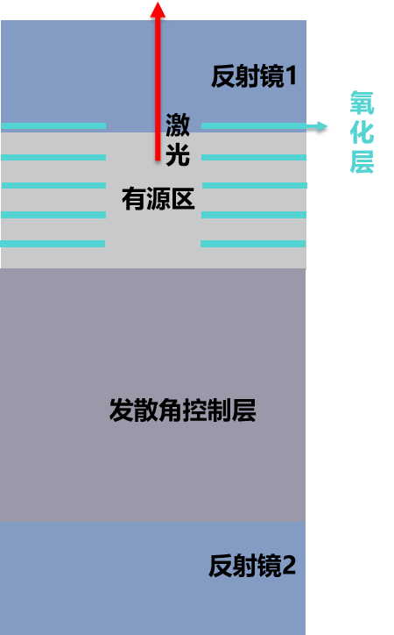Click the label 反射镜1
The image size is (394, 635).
[254, 75]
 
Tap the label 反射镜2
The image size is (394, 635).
[252, 566]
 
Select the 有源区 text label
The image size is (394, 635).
[158, 198]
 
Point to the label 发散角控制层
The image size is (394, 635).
[183, 410]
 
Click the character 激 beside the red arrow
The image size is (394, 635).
[178, 125]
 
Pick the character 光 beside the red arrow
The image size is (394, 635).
[178, 154]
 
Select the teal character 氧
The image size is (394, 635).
[362, 103]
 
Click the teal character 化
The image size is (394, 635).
[362, 132]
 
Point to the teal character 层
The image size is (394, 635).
[362, 161]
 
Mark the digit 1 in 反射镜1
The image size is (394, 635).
[291, 75]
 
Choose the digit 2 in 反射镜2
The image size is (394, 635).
[289, 566]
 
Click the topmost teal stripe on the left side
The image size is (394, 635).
[53, 126]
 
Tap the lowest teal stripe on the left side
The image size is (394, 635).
[53, 244]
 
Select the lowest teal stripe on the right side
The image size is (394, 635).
[253, 244]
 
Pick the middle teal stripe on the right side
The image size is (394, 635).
[255, 185]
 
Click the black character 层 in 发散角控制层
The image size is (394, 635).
[244, 410]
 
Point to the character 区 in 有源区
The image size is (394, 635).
[183, 198]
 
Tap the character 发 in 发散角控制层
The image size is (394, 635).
[121, 410]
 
